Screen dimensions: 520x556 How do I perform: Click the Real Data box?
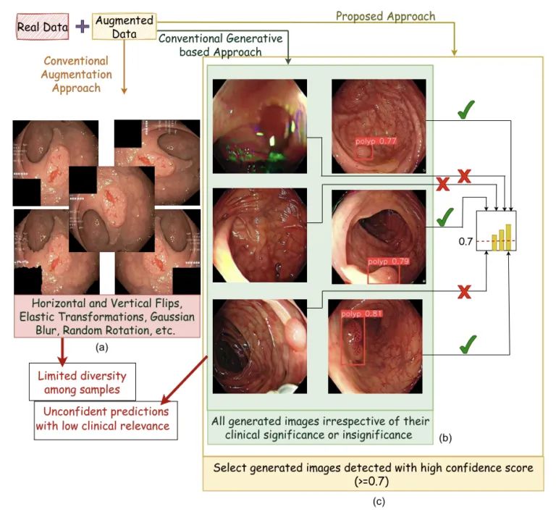(x=42, y=28)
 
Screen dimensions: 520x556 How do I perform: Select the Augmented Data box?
(x=125, y=28)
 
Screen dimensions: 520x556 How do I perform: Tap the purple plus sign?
(x=82, y=27)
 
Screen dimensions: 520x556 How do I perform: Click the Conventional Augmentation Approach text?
(x=76, y=75)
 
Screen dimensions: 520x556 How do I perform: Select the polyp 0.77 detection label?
(x=376, y=142)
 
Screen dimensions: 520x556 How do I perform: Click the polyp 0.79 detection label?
(x=389, y=261)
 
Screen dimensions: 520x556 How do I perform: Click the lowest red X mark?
(x=465, y=291)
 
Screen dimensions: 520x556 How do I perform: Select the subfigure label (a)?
(x=101, y=348)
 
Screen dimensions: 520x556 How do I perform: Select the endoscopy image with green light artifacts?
(x=259, y=126)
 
